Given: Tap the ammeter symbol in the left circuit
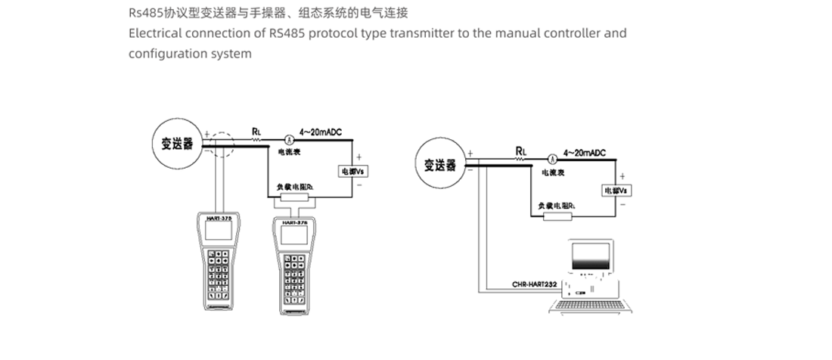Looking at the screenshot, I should (x=288, y=139).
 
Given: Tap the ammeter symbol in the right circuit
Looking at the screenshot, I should (x=552, y=159).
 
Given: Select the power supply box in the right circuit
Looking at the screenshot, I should (x=616, y=190).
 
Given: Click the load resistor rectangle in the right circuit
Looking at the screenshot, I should (x=557, y=217).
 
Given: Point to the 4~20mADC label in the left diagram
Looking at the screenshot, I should (x=321, y=132).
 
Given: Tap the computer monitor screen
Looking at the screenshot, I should (x=593, y=256).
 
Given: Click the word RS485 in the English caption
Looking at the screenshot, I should (x=285, y=33).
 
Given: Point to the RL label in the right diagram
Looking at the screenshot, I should (x=520, y=151).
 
